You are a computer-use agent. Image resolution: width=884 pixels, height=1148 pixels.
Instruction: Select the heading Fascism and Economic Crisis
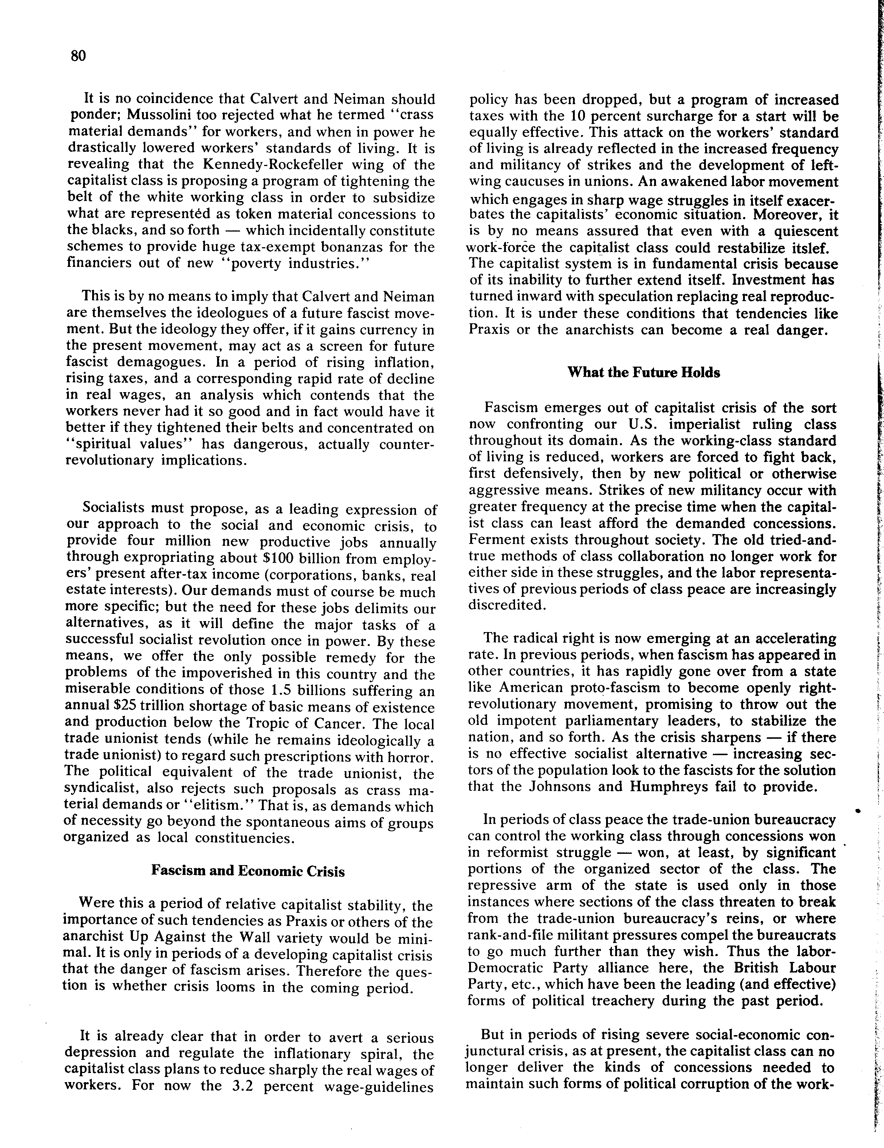[x=248, y=871]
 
